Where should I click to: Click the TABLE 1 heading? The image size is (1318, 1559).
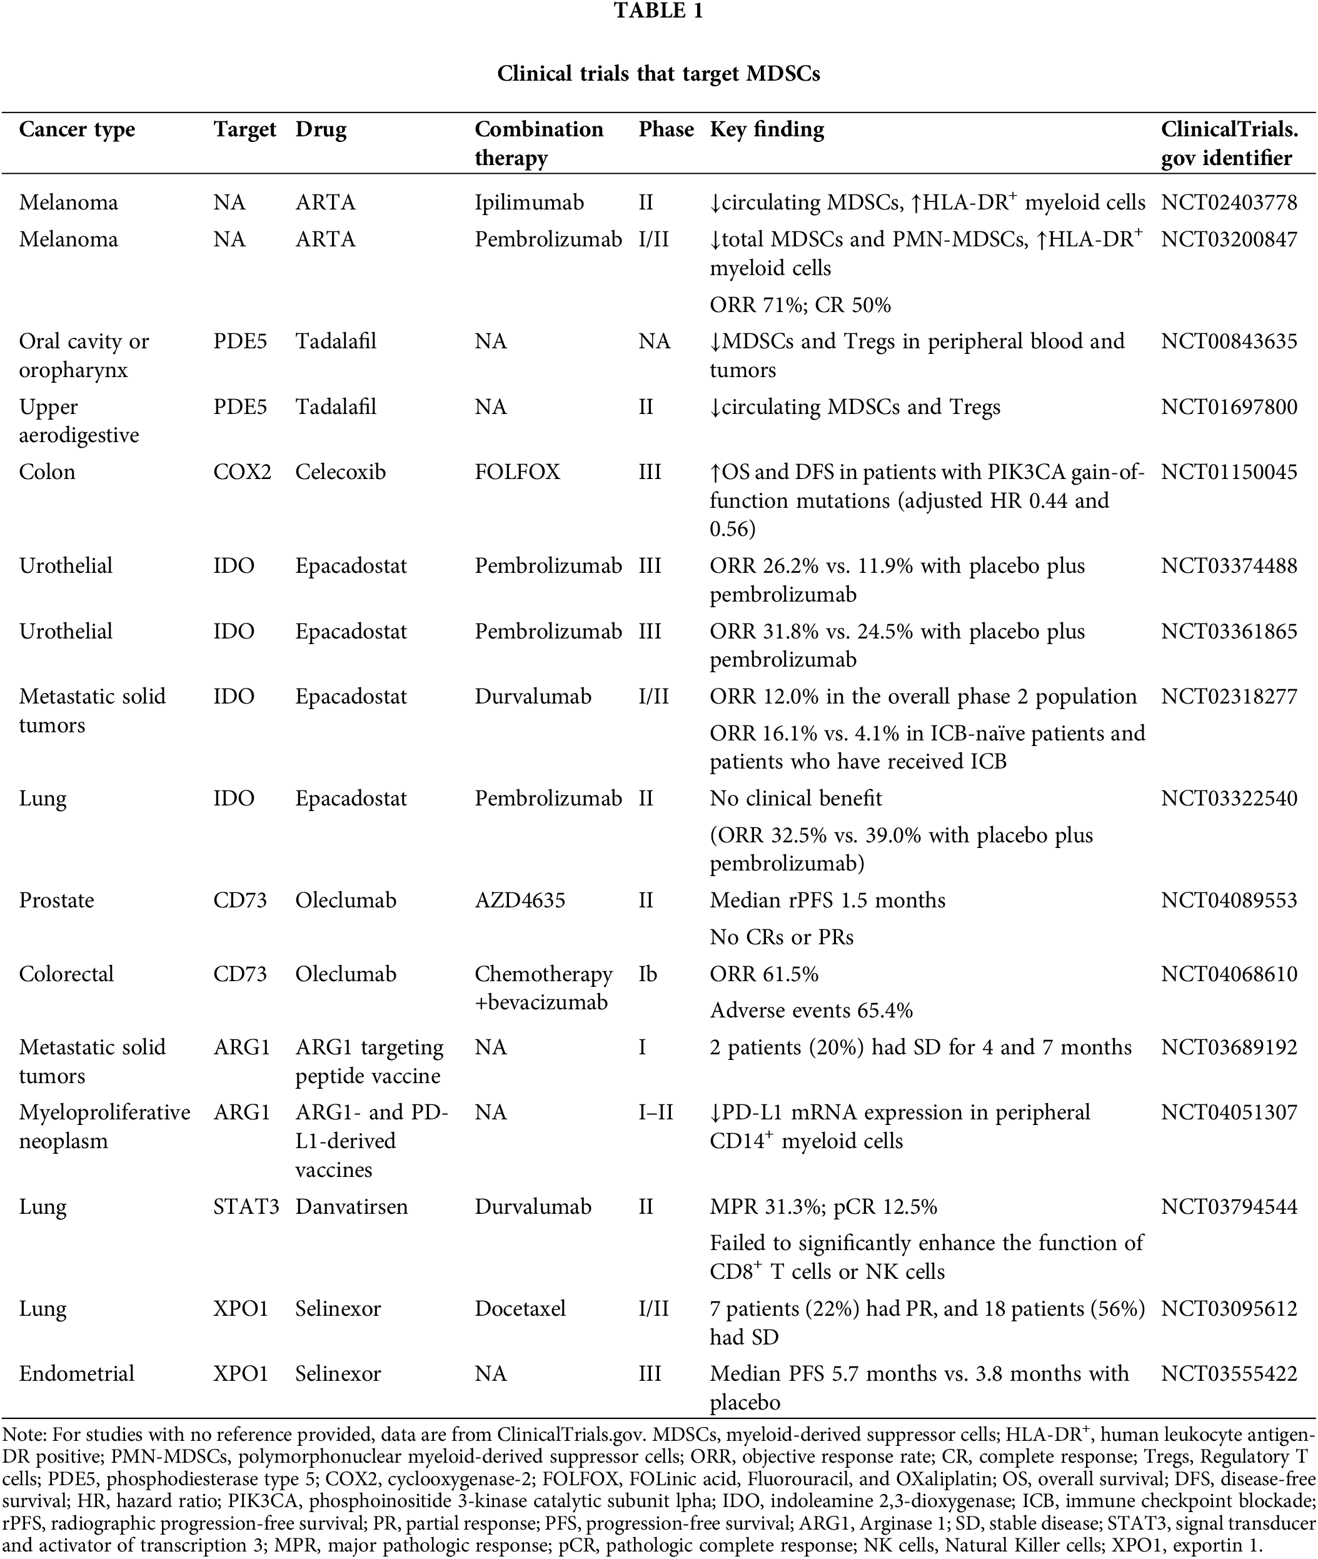click(658, 11)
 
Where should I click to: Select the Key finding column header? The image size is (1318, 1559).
click(767, 129)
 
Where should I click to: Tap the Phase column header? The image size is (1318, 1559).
click(666, 129)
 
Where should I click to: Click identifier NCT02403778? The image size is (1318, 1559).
click(1229, 203)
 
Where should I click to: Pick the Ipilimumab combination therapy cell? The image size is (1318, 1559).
click(529, 203)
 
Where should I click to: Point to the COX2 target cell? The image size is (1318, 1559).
click(242, 472)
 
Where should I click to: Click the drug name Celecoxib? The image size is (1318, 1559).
click(340, 472)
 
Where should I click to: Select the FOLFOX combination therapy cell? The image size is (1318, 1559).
click(517, 472)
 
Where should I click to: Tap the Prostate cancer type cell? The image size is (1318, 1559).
click(57, 900)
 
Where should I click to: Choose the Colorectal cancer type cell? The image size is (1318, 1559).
click(66, 974)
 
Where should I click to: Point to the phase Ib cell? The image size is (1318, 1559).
click(648, 974)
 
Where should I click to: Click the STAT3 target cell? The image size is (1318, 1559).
click(246, 1207)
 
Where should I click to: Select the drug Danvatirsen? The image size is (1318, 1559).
click(351, 1207)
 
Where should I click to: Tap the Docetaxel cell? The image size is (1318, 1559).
click(520, 1309)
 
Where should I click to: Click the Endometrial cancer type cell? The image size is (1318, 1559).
click(77, 1374)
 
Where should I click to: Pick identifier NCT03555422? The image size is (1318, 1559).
click(1229, 1374)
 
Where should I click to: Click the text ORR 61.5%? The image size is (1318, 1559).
click(763, 974)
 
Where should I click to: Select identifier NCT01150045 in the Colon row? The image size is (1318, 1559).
click(1229, 472)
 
